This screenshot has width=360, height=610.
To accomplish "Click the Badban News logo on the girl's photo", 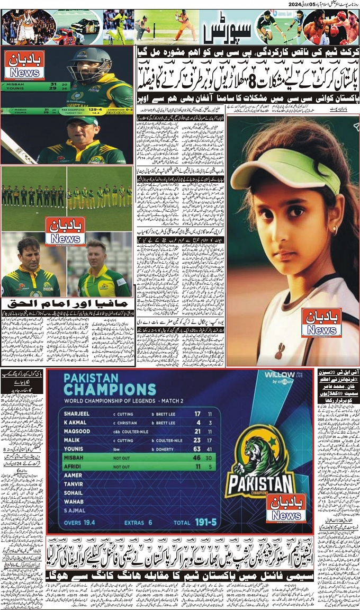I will (x=321, y=322).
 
